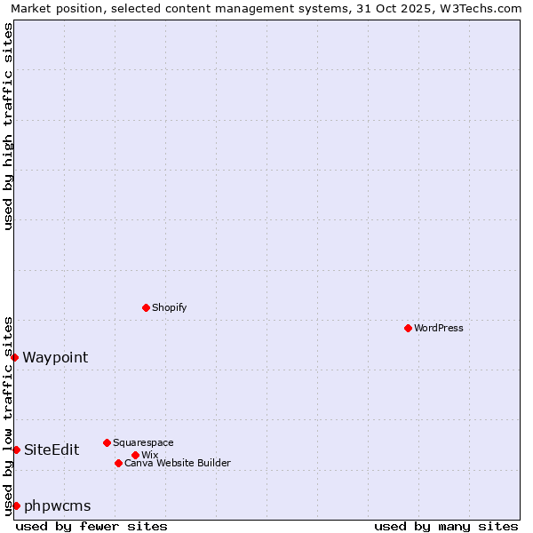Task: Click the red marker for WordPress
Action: (408, 328)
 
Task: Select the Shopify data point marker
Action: (146, 307)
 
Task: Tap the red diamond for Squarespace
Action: (107, 442)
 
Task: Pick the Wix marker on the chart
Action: (135, 455)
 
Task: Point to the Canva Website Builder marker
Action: (118, 463)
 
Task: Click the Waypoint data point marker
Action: (15, 357)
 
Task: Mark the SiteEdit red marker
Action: (16, 449)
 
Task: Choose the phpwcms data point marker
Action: (16, 505)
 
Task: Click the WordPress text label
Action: (439, 328)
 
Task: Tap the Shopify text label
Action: (170, 307)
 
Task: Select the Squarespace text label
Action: (143, 442)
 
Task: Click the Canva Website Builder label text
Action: (178, 463)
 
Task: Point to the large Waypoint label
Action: (55, 357)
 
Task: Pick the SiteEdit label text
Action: (52, 449)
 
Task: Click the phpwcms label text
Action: (58, 505)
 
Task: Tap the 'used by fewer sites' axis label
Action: (91, 526)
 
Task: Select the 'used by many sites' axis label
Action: (446, 526)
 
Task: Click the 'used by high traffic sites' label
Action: (8, 126)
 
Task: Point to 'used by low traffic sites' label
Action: (8, 415)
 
